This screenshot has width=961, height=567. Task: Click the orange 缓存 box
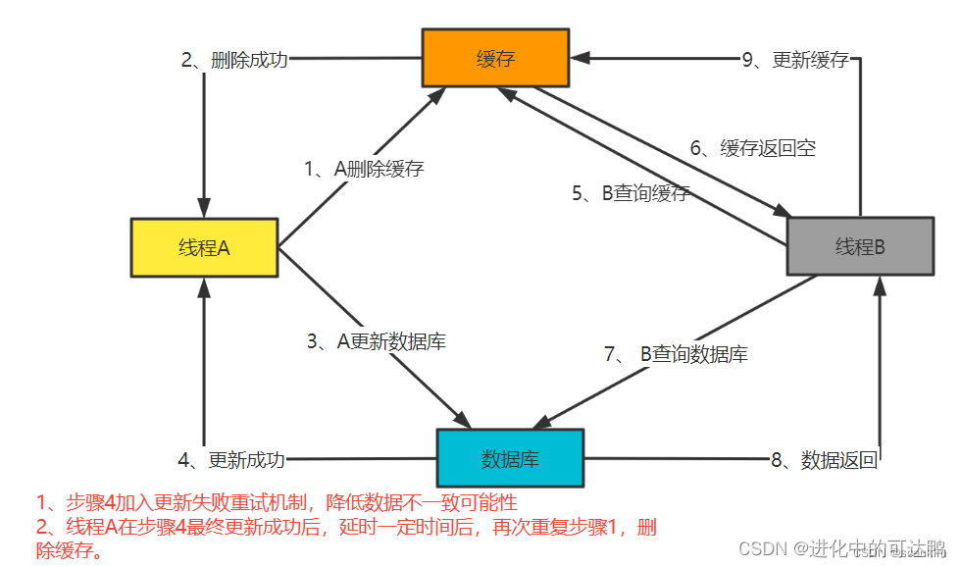pyautogui.click(x=495, y=58)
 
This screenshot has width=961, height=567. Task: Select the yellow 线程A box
pyautogui.click(x=204, y=247)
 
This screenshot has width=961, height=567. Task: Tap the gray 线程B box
pyautogui.click(x=860, y=245)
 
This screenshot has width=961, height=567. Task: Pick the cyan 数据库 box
pyautogui.click(x=509, y=458)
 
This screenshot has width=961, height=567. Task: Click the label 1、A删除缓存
pyautogui.click(x=364, y=169)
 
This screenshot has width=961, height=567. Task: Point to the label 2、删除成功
pyautogui.click(x=235, y=60)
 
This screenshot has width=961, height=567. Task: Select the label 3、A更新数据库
pyautogui.click(x=377, y=341)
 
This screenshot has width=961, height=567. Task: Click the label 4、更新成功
pyautogui.click(x=231, y=459)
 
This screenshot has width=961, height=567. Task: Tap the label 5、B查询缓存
pyautogui.click(x=632, y=193)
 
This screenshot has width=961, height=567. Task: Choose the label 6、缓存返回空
pyautogui.click(x=753, y=148)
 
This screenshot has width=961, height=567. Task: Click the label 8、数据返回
pyautogui.click(x=824, y=459)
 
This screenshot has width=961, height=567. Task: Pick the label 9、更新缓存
pyautogui.click(x=795, y=60)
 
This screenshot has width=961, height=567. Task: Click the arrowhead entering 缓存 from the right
pyautogui.click(x=580, y=58)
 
